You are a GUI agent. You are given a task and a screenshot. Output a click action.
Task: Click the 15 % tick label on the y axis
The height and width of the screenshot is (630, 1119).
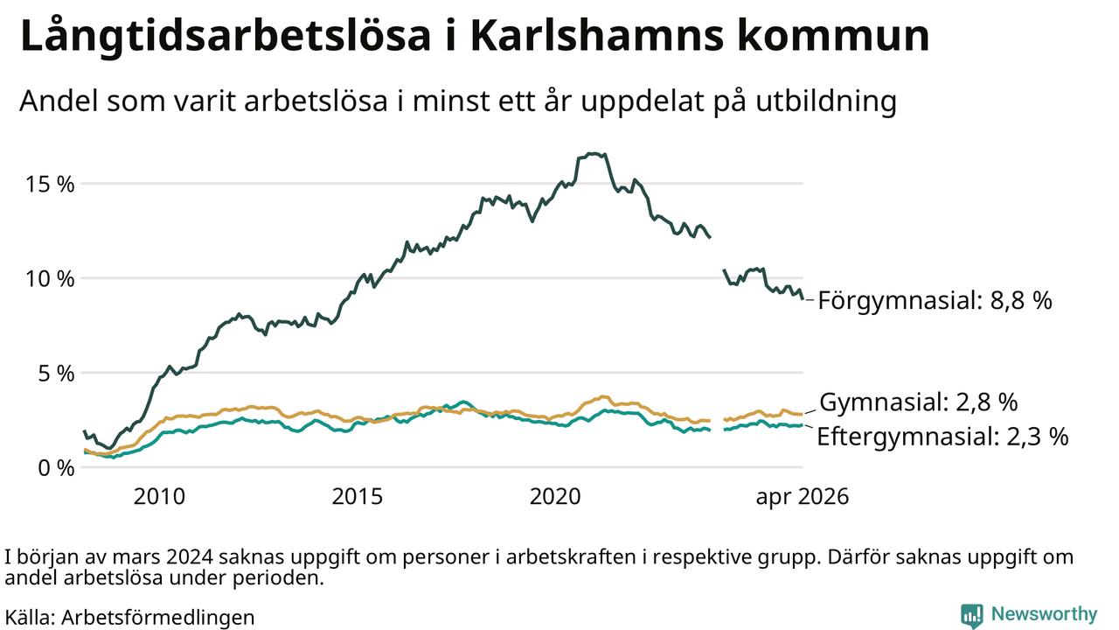[x=50, y=184]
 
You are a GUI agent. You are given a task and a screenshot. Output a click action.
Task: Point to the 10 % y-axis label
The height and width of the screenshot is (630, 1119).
[x=50, y=278]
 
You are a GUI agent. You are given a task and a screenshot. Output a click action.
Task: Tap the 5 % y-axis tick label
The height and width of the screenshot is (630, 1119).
[x=56, y=373]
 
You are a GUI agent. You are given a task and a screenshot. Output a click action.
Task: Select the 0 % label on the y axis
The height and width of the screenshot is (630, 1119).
[x=56, y=468]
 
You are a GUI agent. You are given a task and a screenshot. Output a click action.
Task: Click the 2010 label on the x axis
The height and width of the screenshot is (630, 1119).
[x=159, y=496]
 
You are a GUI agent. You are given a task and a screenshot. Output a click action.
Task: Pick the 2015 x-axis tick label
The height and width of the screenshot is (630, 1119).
[x=358, y=496]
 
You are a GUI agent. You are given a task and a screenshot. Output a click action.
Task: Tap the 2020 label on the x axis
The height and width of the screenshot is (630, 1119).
[x=555, y=496]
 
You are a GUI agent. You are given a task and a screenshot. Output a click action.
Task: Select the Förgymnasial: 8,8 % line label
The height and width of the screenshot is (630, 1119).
[x=935, y=300]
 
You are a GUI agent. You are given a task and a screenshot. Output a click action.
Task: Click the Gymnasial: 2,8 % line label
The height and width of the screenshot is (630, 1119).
[x=918, y=402]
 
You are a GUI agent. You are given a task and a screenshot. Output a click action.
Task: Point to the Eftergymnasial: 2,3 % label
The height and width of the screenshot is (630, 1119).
[x=942, y=437]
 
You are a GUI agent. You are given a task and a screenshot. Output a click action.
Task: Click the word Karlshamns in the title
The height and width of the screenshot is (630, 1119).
[x=597, y=35]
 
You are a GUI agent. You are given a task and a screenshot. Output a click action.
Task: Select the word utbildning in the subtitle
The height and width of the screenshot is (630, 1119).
[x=826, y=101]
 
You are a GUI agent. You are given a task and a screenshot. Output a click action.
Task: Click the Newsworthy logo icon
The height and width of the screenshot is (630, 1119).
[x=971, y=614]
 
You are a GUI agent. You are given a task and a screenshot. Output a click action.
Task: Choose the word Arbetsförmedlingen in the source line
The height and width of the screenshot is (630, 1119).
[x=158, y=618]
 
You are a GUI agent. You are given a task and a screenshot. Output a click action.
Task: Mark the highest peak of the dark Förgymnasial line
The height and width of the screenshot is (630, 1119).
[x=593, y=153]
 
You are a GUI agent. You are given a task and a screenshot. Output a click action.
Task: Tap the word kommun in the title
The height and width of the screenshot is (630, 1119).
[x=833, y=36]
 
